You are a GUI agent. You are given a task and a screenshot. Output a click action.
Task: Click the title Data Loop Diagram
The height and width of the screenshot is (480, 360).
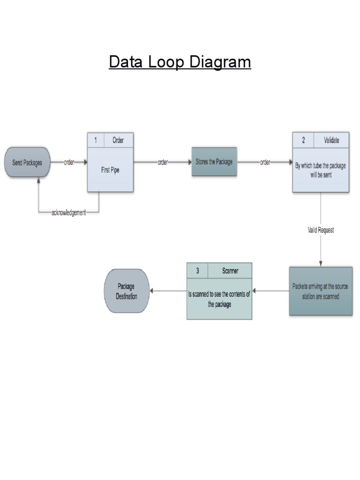tap(180, 62)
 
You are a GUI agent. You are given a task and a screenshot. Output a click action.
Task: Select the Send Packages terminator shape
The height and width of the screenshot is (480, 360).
tap(27, 163)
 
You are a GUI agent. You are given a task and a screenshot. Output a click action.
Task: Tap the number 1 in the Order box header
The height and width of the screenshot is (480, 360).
tap(96, 140)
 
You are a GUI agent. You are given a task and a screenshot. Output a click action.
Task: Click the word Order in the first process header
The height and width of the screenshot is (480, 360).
tap(118, 140)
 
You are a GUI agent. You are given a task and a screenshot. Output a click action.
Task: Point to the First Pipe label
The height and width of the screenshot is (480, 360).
tap(110, 170)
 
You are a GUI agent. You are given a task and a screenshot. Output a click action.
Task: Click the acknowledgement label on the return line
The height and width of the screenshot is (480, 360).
tap(68, 213)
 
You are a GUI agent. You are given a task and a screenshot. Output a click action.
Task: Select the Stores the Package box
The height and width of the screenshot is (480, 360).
tap(214, 162)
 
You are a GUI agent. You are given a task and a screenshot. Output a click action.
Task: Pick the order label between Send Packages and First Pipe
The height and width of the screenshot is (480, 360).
tap(69, 162)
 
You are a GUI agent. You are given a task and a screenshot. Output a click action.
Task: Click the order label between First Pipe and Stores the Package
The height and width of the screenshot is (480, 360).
tap(163, 162)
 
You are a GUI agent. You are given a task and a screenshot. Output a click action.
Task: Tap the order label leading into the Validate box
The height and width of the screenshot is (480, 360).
tap(265, 162)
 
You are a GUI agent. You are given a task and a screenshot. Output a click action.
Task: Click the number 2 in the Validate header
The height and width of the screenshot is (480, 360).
tap(303, 140)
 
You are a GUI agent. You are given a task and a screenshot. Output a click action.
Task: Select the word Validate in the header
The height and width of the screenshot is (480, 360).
tap(331, 140)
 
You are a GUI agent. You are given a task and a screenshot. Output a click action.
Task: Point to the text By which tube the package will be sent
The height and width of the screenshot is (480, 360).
tap(321, 170)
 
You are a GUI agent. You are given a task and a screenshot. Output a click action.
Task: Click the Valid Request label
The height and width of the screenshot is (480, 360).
tap(321, 231)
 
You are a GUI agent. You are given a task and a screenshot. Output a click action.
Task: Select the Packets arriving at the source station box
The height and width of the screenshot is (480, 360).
tap(320, 291)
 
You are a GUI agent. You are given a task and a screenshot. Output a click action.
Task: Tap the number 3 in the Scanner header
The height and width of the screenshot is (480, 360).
tap(197, 270)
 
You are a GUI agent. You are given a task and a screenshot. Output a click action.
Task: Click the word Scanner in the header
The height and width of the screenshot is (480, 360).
tap(230, 270)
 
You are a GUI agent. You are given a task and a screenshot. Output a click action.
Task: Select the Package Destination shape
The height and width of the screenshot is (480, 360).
tap(127, 291)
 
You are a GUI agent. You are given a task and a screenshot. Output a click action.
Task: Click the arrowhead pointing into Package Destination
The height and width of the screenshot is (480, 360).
tap(152, 291)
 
